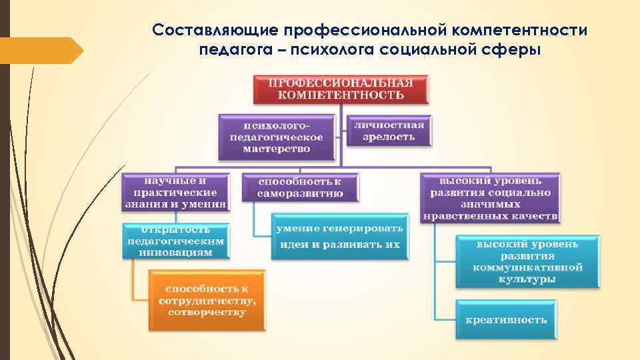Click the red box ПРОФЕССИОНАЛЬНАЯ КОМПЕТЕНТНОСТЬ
point(341,89)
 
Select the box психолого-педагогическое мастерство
point(276,137)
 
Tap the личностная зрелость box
point(388,131)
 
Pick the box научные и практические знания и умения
point(175,192)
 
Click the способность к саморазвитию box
point(300,187)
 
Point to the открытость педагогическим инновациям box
point(177,241)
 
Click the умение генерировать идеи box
point(340,237)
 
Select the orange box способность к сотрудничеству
point(207,300)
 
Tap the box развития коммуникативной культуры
point(527,262)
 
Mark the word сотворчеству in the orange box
point(207,312)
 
